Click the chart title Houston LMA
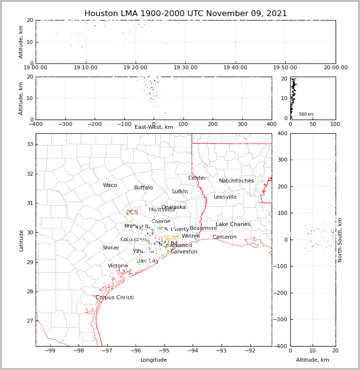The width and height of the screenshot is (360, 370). pyautogui.click(x=185, y=14)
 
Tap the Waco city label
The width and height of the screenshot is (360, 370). pyautogui.click(x=110, y=185)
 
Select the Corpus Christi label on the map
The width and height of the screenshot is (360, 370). pyautogui.click(x=114, y=298)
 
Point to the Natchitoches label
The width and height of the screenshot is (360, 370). pyautogui.click(x=236, y=181)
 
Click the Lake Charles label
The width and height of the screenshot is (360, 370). pyautogui.click(x=233, y=225)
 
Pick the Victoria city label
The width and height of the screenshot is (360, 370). pyautogui.click(x=118, y=266)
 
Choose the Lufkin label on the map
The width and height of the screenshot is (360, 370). pyautogui.click(x=180, y=192)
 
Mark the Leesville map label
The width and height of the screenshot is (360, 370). pyautogui.click(x=225, y=197)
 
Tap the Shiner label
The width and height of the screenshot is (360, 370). pyautogui.click(x=111, y=248)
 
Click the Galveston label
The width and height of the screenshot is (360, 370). pyautogui.click(x=184, y=252)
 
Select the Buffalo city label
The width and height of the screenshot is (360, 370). pyautogui.click(x=143, y=188)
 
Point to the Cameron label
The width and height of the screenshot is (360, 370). pyautogui.click(x=224, y=237)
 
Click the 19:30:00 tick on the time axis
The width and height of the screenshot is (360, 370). pyautogui.click(x=185, y=68)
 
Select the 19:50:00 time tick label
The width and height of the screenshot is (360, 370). pyautogui.click(x=285, y=68)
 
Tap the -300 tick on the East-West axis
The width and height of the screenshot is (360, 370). pyautogui.click(x=65, y=124)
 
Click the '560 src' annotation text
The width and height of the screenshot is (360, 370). pyautogui.click(x=306, y=114)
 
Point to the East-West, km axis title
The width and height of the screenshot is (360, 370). pyautogui.click(x=154, y=127)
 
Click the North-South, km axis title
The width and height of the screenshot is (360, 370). pyautogui.click(x=340, y=240)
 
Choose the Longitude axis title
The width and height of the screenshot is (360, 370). pyautogui.click(x=154, y=360)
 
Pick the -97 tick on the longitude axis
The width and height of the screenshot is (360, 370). pyautogui.click(x=107, y=350)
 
